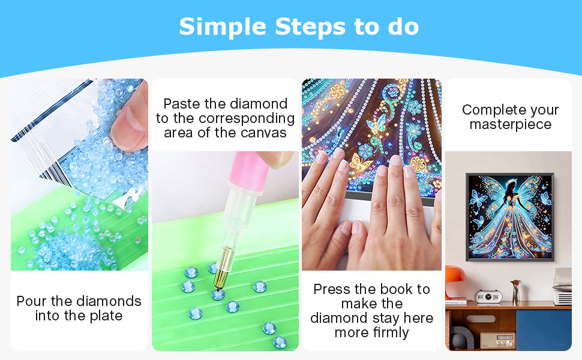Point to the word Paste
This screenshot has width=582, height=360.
point(182,104)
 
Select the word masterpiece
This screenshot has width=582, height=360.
point(511,125)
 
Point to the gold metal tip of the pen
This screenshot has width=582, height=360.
point(223,269)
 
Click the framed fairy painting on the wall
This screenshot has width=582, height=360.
point(510,217)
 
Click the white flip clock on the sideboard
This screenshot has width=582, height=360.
point(488,297)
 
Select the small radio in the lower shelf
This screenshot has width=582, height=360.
point(498,340)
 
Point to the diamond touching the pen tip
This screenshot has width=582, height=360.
point(218,295)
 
